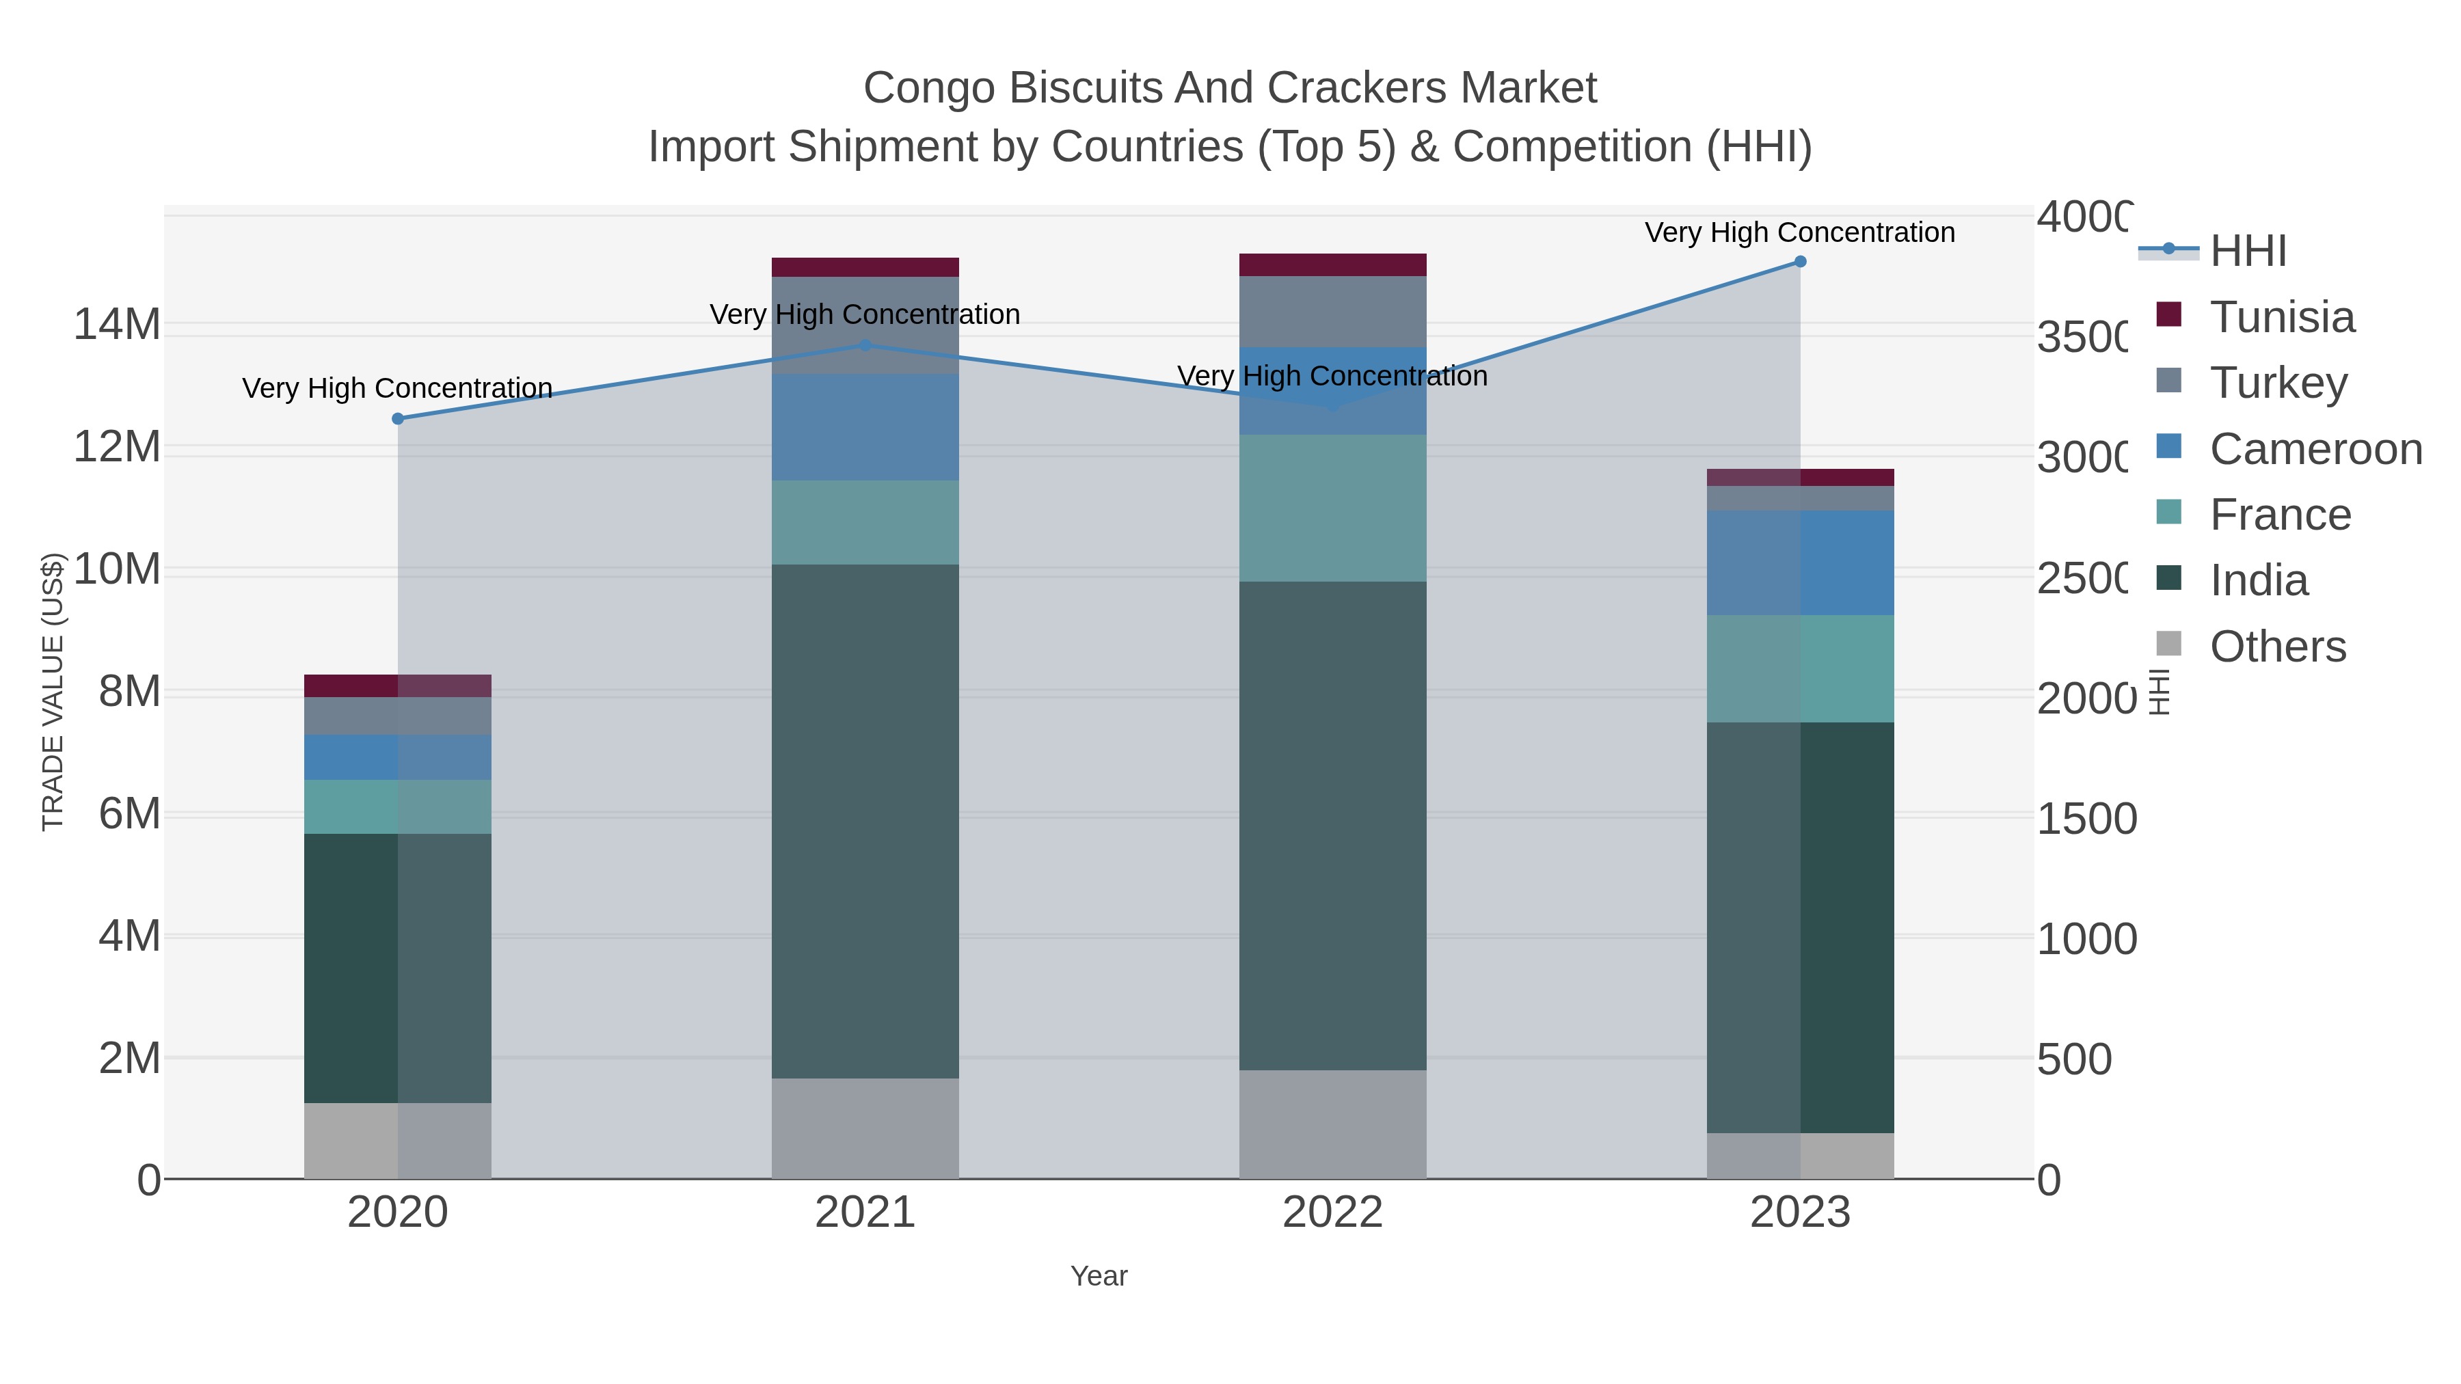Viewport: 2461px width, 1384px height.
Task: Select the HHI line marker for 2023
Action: (x=1800, y=262)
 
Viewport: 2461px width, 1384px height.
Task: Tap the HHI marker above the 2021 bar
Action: (x=865, y=345)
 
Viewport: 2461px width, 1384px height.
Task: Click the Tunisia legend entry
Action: (x=2281, y=317)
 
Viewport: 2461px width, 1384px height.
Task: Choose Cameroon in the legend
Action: (x=2314, y=449)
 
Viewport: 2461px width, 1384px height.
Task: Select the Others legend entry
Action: (x=2276, y=647)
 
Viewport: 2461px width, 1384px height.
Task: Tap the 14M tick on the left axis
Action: (x=116, y=325)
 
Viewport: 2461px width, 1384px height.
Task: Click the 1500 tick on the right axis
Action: (x=2086, y=819)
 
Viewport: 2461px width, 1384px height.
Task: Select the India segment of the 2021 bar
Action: (x=865, y=822)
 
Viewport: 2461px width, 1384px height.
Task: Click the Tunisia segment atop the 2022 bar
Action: (x=1332, y=264)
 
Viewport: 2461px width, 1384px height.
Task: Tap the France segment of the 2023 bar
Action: (x=1800, y=668)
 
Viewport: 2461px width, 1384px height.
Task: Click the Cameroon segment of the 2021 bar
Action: (x=865, y=427)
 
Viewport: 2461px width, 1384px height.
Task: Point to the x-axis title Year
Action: (x=1099, y=1276)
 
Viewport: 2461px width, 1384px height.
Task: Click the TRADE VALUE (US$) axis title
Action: (x=53, y=692)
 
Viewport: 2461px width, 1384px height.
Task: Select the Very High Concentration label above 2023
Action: (x=1800, y=233)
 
